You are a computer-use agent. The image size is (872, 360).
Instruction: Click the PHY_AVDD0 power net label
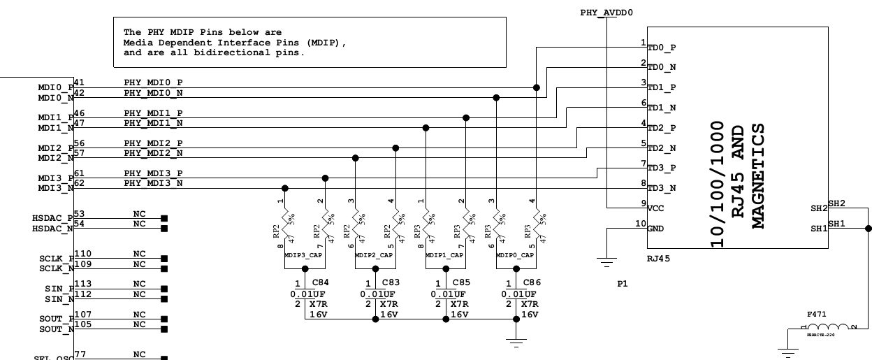(606, 13)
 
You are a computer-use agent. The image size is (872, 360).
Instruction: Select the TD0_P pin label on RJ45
(661, 48)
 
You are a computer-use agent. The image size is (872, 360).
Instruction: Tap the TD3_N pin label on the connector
(661, 189)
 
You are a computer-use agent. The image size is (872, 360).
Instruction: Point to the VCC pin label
(656, 208)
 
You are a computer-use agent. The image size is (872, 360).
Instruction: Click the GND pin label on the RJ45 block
(656, 229)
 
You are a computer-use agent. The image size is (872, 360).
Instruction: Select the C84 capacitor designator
(319, 282)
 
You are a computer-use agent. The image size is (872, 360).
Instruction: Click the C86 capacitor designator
(530, 282)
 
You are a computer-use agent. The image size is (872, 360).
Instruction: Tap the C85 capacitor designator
(460, 282)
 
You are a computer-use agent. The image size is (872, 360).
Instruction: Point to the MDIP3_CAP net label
(303, 256)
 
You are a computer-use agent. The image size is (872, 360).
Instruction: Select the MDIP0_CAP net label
(515, 256)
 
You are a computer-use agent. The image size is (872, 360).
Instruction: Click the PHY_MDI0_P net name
(153, 83)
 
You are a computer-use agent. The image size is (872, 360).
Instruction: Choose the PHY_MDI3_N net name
(153, 183)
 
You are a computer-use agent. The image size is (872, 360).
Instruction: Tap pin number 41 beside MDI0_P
(79, 82)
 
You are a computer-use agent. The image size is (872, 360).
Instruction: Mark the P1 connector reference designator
(622, 285)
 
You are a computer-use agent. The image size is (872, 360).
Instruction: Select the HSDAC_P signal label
(52, 218)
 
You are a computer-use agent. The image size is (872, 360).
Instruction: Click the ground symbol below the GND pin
(607, 263)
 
